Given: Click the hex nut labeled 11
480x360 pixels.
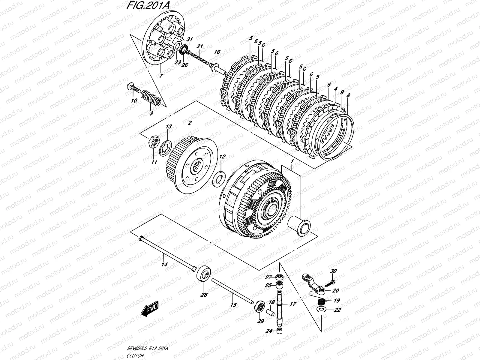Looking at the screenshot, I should click(153, 142).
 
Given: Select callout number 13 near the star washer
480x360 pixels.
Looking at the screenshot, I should click(169, 127).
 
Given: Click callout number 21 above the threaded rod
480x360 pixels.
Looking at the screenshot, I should click(199, 46).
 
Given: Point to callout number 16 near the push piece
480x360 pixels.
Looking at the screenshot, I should click(217, 52).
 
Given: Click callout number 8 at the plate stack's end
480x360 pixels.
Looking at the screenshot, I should click(348, 96).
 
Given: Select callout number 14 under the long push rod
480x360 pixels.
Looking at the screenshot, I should click(165, 264).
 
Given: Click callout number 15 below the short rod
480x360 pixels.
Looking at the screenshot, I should click(233, 304).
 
